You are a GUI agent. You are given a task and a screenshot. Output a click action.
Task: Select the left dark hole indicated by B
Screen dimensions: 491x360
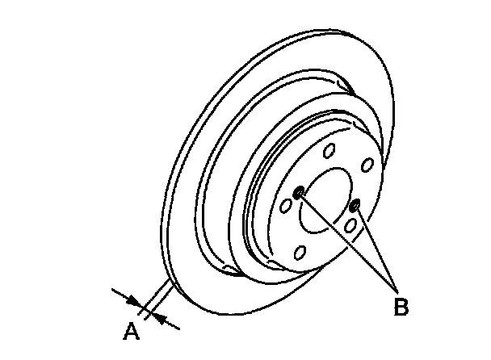tap(300, 192)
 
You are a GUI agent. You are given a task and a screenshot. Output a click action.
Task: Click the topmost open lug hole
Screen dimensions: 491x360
tap(328, 151)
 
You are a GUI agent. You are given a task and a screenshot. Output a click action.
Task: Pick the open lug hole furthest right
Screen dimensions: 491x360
tap(366, 165)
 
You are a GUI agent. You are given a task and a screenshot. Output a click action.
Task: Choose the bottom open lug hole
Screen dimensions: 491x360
tap(300, 253)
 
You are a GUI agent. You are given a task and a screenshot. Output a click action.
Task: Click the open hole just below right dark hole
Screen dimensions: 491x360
tap(350, 226)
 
